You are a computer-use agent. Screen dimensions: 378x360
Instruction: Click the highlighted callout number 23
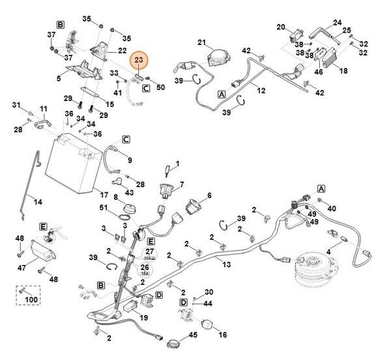click(x=139, y=60)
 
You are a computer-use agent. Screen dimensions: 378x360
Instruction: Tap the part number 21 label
click(x=201, y=42)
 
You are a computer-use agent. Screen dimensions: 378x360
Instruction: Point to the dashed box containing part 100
click(x=28, y=295)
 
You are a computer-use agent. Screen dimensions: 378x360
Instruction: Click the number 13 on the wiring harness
click(x=227, y=264)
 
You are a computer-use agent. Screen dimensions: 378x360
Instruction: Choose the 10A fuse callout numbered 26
click(x=145, y=269)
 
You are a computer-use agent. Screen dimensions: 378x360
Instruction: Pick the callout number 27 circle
click(x=149, y=254)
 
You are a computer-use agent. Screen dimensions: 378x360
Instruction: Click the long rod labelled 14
click(x=30, y=185)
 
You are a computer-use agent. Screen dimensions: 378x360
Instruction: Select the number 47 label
click(x=22, y=267)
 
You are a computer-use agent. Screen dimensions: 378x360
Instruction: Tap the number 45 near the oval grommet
click(x=193, y=335)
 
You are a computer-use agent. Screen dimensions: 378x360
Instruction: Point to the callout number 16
click(x=223, y=335)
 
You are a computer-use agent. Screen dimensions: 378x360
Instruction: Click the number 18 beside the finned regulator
click(x=343, y=70)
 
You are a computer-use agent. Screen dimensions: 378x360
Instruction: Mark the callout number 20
click(x=281, y=27)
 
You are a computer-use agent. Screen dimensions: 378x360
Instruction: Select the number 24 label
click(x=337, y=23)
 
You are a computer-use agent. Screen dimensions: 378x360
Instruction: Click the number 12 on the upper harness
click(x=261, y=91)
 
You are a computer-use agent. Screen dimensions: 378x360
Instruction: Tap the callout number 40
click(x=332, y=208)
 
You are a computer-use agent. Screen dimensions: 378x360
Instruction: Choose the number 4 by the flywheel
click(x=328, y=252)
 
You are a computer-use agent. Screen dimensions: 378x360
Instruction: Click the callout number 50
click(x=160, y=87)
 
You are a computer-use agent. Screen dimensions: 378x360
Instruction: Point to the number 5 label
click(x=59, y=78)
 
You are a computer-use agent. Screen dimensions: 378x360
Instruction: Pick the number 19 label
click(x=143, y=318)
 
